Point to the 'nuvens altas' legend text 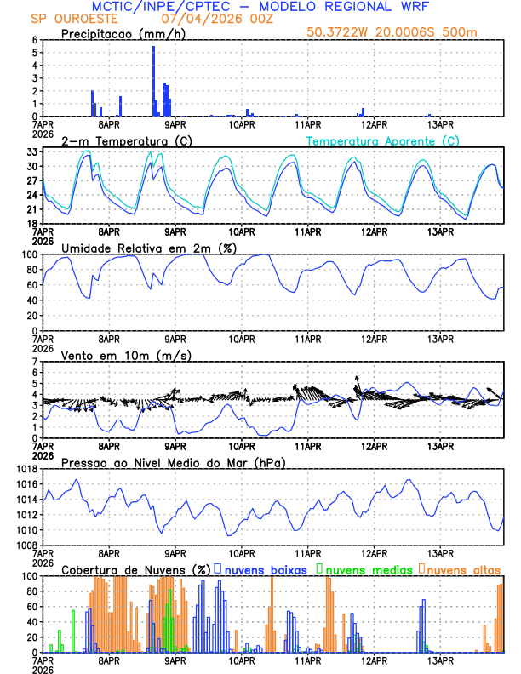click(x=463, y=568)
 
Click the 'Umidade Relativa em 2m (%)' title click(x=146, y=248)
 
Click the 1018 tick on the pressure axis click(x=26, y=469)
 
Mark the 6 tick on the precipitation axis click(x=34, y=40)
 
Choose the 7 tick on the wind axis click(x=34, y=362)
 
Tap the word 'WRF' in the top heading click(x=411, y=6)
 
